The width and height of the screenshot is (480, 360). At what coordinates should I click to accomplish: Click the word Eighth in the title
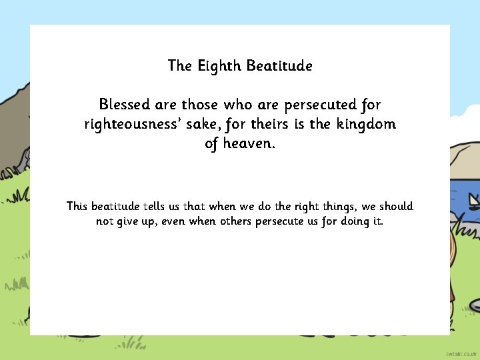tap(219, 66)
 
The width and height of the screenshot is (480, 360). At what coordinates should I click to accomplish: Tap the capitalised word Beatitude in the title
tap(279, 66)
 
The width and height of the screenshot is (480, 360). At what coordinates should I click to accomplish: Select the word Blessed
tap(125, 105)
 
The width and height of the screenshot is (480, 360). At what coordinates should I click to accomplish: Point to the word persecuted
tap(320, 105)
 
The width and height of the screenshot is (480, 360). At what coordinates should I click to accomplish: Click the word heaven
tap(249, 143)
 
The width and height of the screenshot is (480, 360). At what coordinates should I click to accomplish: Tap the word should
tap(396, 207)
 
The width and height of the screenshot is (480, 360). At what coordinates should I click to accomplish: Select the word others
tap(235, 221)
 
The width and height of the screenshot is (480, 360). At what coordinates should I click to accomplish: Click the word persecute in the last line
tap(280, 221)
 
